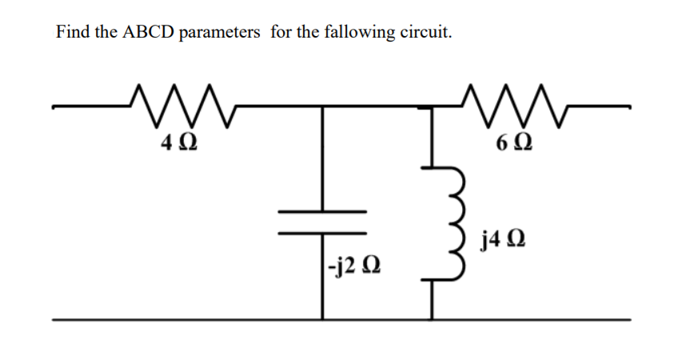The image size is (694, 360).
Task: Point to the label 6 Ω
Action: [512, 145]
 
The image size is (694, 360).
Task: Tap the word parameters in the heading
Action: [220, 33]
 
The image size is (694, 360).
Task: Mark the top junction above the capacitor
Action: [322, 106]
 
